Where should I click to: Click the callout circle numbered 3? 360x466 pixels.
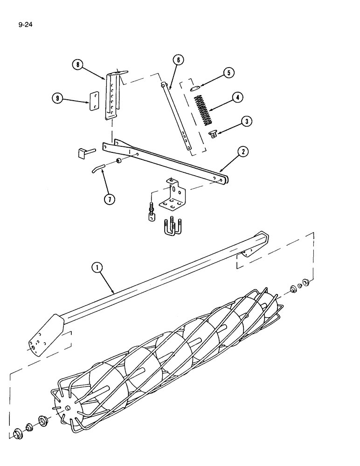247,121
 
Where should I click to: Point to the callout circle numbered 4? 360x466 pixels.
237,98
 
